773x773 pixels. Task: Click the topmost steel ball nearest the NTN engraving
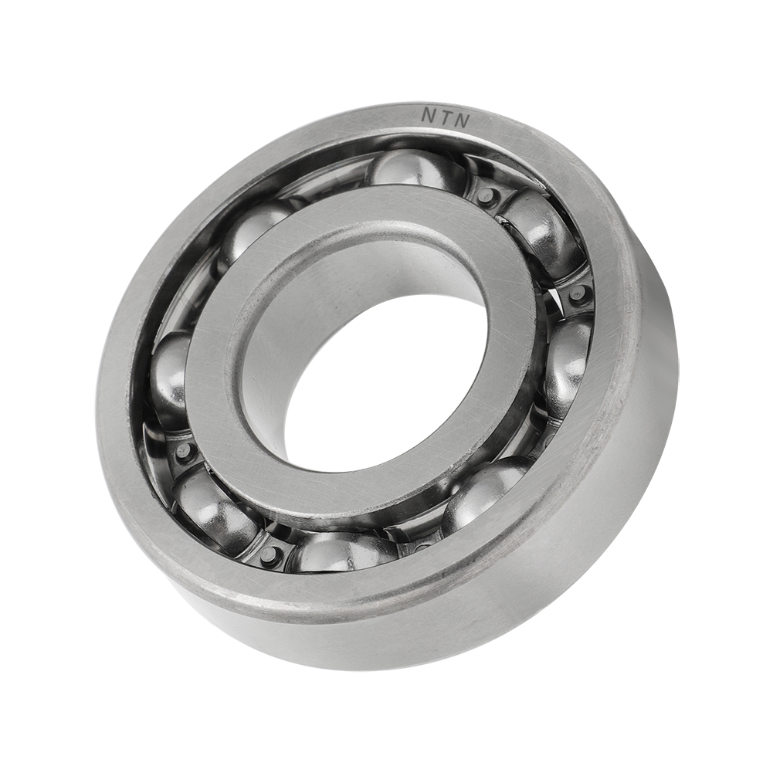point(415,168)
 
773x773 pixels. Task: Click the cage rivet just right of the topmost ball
point(486,196)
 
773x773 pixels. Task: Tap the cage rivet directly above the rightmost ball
point(577,293)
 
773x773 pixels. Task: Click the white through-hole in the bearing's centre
point(386,386)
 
